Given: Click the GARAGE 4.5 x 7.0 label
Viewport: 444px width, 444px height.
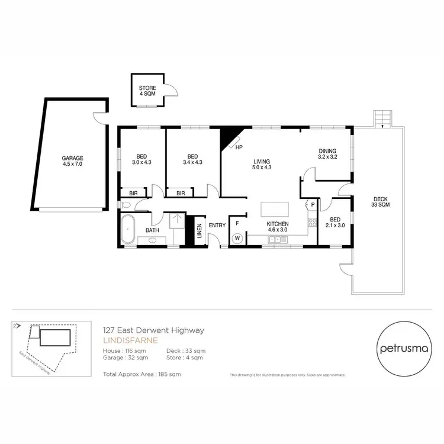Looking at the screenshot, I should (73, 162).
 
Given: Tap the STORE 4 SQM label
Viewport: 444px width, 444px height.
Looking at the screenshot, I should (148, 91).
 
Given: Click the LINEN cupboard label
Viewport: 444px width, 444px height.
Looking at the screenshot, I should (199, 230).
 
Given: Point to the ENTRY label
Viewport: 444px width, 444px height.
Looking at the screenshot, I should (217, 225).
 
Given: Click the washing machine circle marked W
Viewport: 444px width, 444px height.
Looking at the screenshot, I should (237, 239).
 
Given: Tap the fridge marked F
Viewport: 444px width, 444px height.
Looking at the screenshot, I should (237, 223).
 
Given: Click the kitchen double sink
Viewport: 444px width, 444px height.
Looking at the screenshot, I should (278, 240).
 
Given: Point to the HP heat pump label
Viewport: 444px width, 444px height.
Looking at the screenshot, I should (239, 147).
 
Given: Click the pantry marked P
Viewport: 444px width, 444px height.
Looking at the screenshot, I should (312, 205).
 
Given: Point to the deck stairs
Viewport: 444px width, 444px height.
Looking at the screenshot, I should (382, 118).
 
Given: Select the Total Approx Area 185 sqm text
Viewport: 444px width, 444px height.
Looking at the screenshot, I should (141, 375).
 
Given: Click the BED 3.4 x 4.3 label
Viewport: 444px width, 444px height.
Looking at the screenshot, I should (192, 159).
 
